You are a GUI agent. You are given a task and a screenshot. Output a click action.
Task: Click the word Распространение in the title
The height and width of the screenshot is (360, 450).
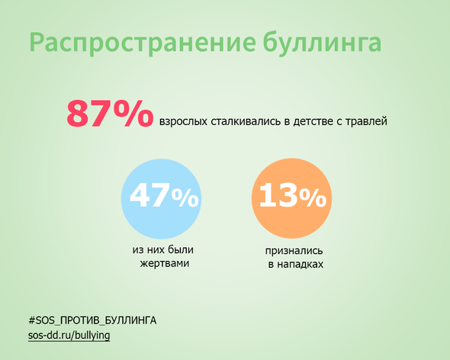pyautogui.click(x=143, y=43)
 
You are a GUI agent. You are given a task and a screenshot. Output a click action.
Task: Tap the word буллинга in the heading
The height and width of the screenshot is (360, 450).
pyautogui.click(x=322, y=43)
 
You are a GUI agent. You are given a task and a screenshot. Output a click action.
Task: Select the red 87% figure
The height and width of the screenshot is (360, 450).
pyautogui.click(x=110, y=113)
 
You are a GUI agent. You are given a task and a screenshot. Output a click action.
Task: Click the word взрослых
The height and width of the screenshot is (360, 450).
pyautogui.click(x=183, y=122)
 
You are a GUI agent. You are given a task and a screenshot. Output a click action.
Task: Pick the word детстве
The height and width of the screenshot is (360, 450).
pyautogui.click(x=312, y=121)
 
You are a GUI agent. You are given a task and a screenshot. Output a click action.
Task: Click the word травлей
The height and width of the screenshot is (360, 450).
pyautogui.click(x=366, y=122)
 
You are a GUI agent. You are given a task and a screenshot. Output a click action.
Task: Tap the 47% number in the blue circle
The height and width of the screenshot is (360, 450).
pyautogui.click(x=164, y=195)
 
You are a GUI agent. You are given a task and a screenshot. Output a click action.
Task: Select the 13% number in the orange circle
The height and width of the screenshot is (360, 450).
pyautogui.click(x=293, y=195)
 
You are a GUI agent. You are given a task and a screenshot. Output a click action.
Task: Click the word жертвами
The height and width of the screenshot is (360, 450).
pyautogui.click(x=165, y=264)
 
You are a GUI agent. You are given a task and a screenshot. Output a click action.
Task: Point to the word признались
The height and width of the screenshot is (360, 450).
pyautogui.click(x=294, y=251)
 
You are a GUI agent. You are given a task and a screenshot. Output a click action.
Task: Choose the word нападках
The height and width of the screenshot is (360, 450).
pyautogui.click(x=301, y=265)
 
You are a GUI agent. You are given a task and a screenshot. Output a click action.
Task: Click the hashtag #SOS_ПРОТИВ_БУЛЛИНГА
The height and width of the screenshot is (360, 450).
pyautogui.click(x=92, y=320)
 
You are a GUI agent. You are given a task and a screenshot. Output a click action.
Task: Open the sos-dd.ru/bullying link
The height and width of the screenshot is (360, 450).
pyautogui.click(x=69, y=336)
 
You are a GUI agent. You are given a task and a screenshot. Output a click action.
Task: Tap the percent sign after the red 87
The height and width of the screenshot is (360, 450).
pyautogui.click(x=133, y=113)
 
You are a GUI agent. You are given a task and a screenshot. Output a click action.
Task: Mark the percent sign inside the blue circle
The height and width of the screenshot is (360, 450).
pyautogui.click(x=185, y=198)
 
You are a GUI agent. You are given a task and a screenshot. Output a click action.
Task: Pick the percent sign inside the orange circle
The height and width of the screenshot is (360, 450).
pyautogui.click(x=313, y=198)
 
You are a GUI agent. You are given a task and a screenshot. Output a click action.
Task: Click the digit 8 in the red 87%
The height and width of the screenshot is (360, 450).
pyautogui.click(x=78, y=114)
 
